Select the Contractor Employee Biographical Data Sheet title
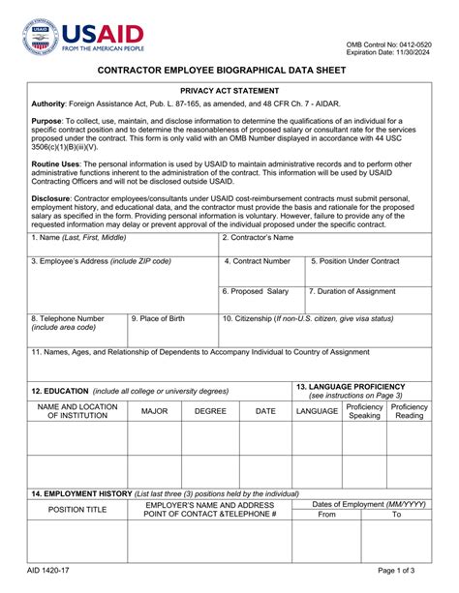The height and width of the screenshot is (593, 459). pyautogui.click(x=229, y=72)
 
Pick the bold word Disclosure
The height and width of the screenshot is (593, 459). pyautogui.click(x=55, y=198)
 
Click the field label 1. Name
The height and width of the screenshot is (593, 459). pyautogui.click(x=77, y=237)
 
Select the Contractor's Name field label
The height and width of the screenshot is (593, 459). pyautogui.click(x=258, y=237)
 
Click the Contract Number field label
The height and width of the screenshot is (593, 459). pyautogui.click(x=257, y=261)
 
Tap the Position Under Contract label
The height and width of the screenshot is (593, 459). pyautogui.click(x=354, y=261)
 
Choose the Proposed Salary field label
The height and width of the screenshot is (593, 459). pyautogui.click(x=255, y=291)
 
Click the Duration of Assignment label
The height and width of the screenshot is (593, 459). pyautogui.click(x=352, y=291)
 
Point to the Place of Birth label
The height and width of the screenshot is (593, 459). pyautogui.click(x=158, y=318)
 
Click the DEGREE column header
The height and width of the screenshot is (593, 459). pyautogui.click(x=210, y=411)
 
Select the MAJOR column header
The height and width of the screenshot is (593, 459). pyautogui.click(x=155, y=411)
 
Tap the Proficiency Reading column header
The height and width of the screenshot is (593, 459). pyautogui.click(x=410, y=411)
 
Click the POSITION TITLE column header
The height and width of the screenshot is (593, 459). pyautogui.click(x=77, y=510)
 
